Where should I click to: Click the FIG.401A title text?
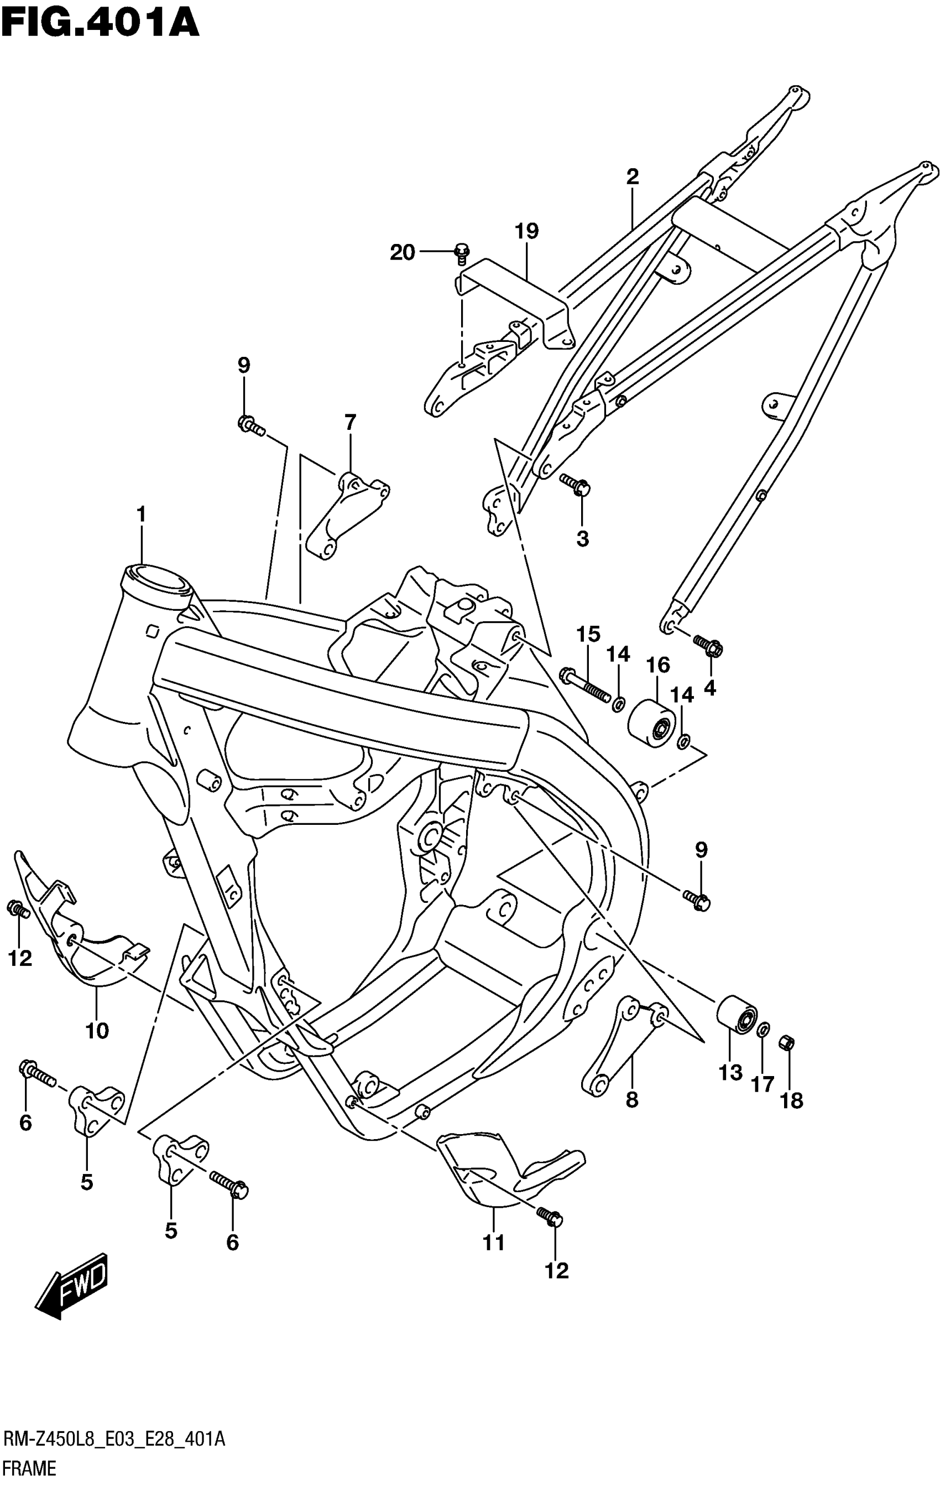point(100,23)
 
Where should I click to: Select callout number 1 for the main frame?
point(141,513)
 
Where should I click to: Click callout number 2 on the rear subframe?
point(632,177)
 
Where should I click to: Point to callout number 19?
point(527,231)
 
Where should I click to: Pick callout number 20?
point(402,252)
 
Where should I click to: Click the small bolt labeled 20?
point(461,252)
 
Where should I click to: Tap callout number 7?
point(349,423)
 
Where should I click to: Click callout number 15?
point(588,634)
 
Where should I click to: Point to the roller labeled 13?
point(737,1014)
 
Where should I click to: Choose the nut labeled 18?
point(787,1043)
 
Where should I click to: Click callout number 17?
point(763,1084)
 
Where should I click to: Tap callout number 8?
point(631,1099)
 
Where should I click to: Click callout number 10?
point(97,1030)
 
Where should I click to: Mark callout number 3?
point(582,539)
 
